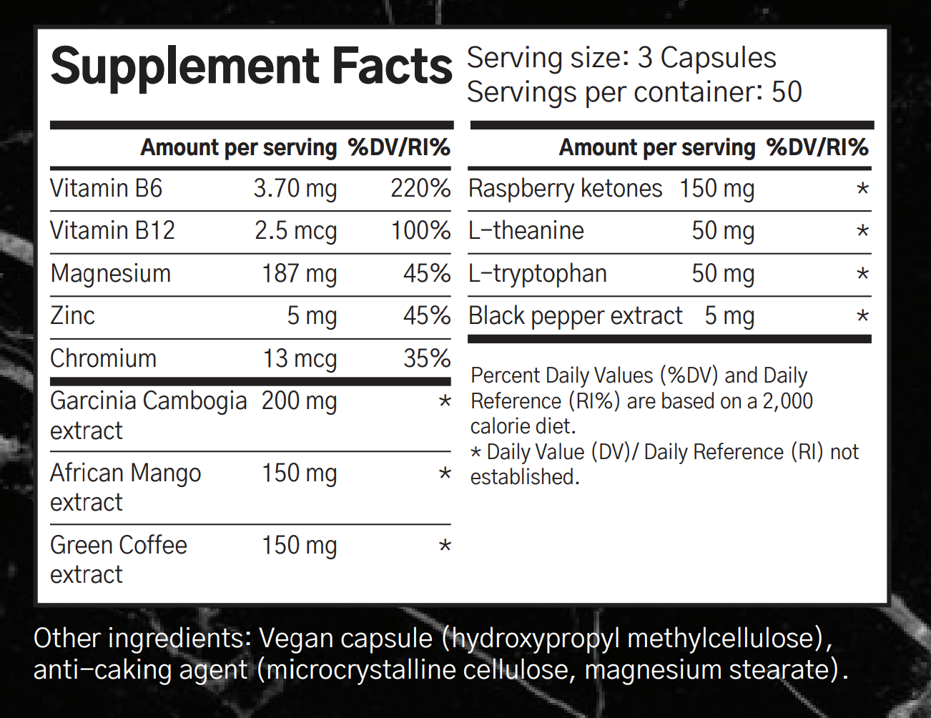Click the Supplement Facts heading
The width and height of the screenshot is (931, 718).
pos(251,67)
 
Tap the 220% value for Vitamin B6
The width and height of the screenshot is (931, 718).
pos(420,189)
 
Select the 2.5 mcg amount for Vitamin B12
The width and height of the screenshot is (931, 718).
pos(295,231)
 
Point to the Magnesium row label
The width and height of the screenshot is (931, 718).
pos(111,274)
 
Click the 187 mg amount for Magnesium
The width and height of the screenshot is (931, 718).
pos(299,274)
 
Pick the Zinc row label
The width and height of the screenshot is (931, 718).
pos(72,316)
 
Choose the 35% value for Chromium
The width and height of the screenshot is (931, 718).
pos(426,358)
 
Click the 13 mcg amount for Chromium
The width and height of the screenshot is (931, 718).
pos(299,358)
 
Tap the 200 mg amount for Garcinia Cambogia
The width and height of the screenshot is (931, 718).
pos(299,401)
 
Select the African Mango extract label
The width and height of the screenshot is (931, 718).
pos(125,488)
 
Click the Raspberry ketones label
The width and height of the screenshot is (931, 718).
pos(565,189)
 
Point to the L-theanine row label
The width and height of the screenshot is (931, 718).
pos(526,231)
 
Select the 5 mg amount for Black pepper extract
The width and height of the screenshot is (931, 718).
pos(729,316)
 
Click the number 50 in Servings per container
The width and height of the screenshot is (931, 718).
pos(787,92)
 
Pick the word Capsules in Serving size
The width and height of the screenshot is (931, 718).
pos(718,58)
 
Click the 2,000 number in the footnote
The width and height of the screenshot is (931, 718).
pos(787,401)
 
